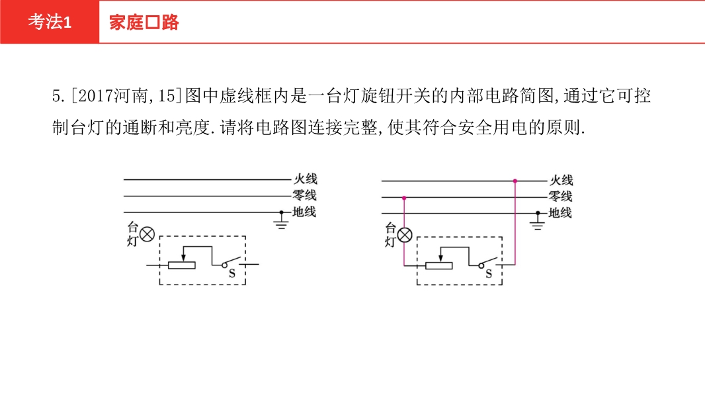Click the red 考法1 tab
50,22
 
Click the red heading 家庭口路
144,22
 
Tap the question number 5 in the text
56,96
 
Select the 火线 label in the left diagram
306,179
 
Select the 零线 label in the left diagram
304,195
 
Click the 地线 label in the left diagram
304,211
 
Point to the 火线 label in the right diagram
561,180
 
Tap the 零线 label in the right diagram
560,197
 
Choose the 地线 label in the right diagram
560,212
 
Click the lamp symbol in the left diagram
147,234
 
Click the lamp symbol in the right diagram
405,235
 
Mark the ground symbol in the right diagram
537,223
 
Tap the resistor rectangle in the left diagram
182,265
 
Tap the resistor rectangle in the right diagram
439,265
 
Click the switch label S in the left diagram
232,273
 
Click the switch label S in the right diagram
489,274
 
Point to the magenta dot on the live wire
515,181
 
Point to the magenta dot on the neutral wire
404,198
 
